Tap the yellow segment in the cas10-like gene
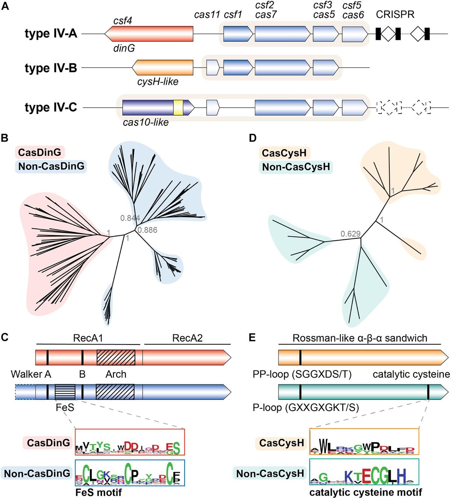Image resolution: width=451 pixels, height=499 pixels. point(178,107)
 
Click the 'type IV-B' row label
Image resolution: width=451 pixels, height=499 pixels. point(51,68)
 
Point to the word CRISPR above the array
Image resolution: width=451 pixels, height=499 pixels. point(395,15)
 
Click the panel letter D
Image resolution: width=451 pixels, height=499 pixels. point(253,138)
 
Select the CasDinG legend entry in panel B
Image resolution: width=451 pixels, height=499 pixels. point(39,153)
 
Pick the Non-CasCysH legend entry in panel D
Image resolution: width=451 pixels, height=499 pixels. point(296,167)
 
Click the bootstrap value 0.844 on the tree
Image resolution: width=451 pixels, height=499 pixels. point(130,218)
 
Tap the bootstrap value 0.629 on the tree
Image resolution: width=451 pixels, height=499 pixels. point(350,234)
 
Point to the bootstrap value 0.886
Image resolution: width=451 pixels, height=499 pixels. point(147,230)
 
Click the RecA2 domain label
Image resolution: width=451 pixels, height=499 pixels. point(187,338)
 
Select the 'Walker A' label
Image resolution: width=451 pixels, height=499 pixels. point(31,374)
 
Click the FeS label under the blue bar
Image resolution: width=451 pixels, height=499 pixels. point(65,407)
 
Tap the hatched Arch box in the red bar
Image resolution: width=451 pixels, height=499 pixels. point(116,357)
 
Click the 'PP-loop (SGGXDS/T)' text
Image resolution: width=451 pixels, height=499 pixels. point(302,375)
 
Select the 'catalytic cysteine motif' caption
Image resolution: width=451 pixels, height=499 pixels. point(365,492)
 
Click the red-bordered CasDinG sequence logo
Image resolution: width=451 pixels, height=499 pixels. point(130,442)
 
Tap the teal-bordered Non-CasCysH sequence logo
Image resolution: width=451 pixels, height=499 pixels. point(364,472)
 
